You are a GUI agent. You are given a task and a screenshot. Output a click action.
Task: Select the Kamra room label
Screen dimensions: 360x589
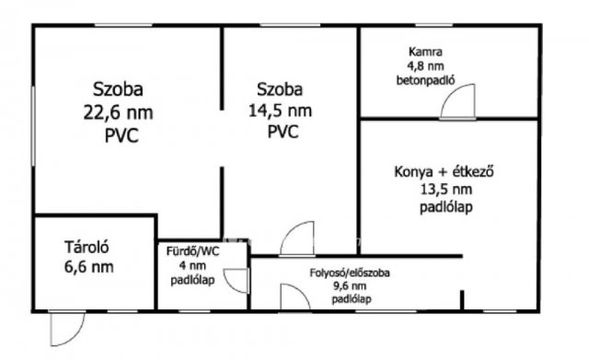tap(425, 53)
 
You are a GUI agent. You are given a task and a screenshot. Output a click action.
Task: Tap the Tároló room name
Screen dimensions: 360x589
tap(87, 248)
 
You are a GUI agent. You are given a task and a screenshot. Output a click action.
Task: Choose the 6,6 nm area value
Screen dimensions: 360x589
tap(88, 267)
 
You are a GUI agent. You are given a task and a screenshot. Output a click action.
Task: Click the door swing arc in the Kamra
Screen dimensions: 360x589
tap(456, 102)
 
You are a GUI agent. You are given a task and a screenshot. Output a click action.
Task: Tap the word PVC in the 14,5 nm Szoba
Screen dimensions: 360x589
tap(282, 132)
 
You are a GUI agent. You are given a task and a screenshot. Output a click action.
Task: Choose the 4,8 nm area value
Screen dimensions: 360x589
tap(427, 66)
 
